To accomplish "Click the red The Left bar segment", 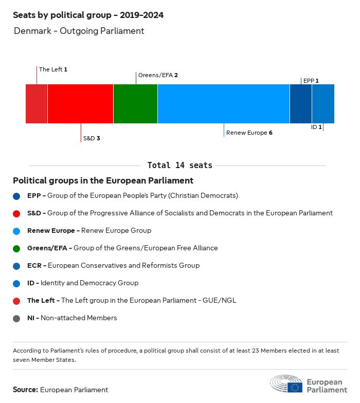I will click(x=37, y=104).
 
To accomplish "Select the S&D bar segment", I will click(x=80, y=104).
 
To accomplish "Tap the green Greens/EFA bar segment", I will click(x=135, y=104).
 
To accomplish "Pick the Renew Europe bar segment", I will click(x=224, y=104).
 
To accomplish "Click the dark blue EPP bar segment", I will click(x=301, y=104).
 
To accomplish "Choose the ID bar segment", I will click(x=323, y=104).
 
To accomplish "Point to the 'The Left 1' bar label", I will click(x=53, y=69).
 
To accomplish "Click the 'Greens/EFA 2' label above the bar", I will click(x=158, y=75).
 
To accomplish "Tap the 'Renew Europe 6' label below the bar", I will click(x=249, y=133).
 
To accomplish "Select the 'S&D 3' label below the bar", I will click(x=91, y=138).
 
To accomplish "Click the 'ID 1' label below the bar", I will click(x=316, y=127).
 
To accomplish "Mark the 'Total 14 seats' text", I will click(x=179, y=166).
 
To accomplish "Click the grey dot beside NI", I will click(x=17, y=318).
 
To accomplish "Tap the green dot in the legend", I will click(x=17, y=248).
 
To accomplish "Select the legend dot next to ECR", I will click(x=17, y=266).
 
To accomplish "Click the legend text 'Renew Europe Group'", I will click(x=116, y=231).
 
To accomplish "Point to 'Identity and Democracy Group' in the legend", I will click(x=89, y=283).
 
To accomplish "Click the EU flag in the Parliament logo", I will click(x=295, y=387).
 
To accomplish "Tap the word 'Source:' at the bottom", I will click(x=25, y=390).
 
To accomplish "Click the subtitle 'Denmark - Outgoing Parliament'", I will click(x=79, y=31).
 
